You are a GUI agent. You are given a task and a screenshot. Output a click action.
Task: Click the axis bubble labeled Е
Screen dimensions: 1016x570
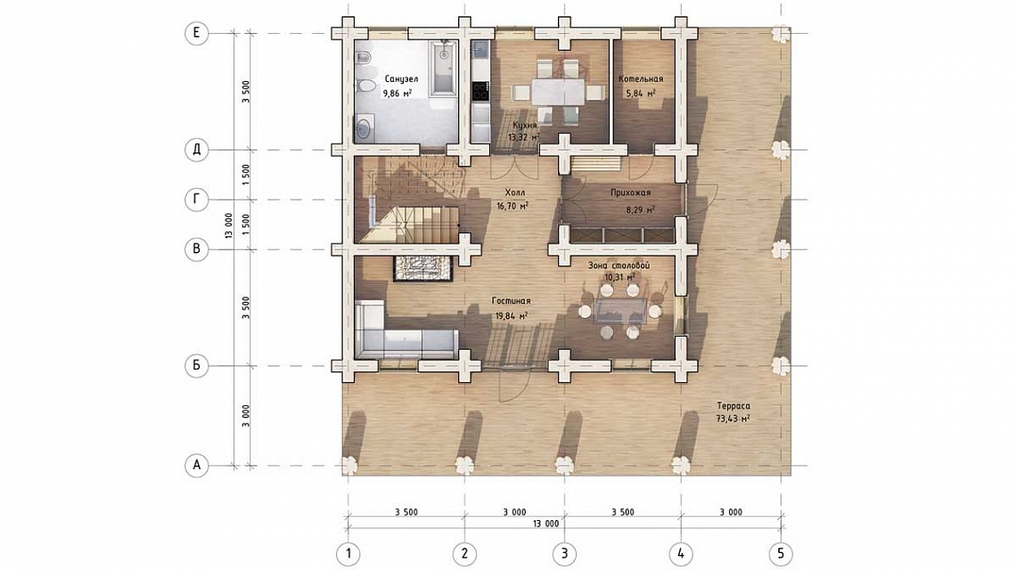(x=196, y=33)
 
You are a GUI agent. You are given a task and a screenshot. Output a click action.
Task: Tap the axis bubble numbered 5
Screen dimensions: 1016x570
(x=781, y=554)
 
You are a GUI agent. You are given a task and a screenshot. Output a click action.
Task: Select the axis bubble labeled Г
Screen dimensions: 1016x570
(x=196, y=199)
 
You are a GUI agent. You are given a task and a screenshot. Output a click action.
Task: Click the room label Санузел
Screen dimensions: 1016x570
(x=401, y=79)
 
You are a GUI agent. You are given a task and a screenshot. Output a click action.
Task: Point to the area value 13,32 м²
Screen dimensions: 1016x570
(x=524, y=137)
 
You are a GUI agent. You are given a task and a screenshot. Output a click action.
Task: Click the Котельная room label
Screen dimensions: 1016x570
(x=640, y=79)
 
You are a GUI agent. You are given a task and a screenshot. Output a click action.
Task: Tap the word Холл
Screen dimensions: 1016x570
(x=515, y=192)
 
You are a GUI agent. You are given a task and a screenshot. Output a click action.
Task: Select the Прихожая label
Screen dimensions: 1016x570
(x=630, y=192)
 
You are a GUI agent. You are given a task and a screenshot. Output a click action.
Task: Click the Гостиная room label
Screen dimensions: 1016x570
(x=512, y=300)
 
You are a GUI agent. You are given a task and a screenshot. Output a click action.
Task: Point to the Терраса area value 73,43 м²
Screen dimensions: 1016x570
(x=733, y=419)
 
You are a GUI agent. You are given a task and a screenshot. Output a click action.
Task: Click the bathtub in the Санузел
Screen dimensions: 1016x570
(x=443, y=68)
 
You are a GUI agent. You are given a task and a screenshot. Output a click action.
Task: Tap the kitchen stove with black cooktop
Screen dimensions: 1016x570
(x=480, y=92)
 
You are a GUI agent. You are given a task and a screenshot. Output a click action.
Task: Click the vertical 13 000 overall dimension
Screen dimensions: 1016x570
(x=228, y=225)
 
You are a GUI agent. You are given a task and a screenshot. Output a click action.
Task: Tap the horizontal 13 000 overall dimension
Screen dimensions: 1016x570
(x=546, y=524)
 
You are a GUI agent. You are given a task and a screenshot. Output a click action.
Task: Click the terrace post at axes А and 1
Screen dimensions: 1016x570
(x=348, y=466)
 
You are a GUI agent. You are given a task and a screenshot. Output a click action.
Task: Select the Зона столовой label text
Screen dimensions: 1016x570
(x=619, y=265)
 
